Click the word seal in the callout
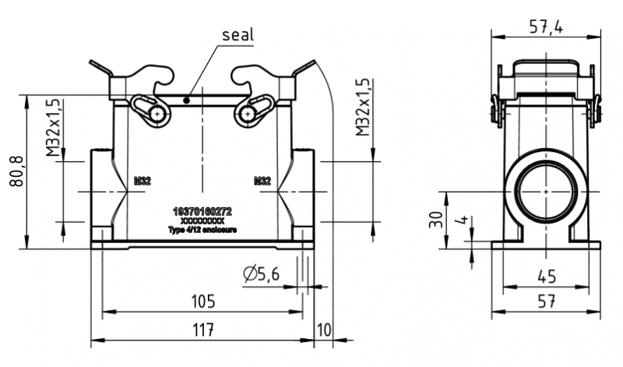pos(238,36)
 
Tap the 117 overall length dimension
pos(202,330)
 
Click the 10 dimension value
pos(324,330)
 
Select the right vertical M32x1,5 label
pos(363,108)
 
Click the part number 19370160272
pos(202,211)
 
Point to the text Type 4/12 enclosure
pos(202,230)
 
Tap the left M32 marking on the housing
pos(142,181)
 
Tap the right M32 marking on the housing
pos(262,181)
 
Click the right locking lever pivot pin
pos(246,115)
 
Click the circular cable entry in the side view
pos(545,191)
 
